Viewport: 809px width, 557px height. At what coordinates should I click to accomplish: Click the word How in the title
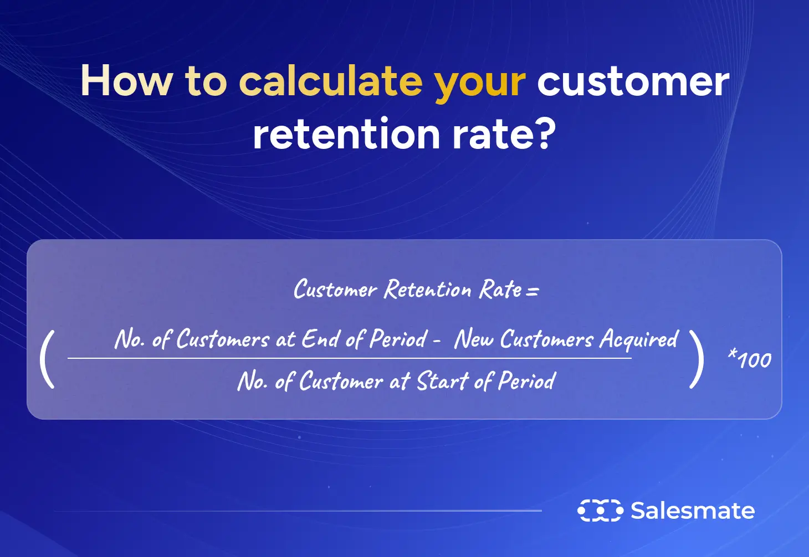tap(126, 81)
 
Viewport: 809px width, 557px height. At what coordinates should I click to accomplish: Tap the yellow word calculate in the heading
tap(330, 81)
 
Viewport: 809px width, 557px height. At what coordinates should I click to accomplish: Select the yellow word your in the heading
tap(480, 83)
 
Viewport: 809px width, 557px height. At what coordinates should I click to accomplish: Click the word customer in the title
tap(633, 81)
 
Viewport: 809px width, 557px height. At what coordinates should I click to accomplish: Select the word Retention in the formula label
tap(428, 290)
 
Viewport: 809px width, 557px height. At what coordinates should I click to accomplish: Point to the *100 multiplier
tap(750, 360)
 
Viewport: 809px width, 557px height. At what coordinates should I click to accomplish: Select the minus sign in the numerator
tap(437, 341)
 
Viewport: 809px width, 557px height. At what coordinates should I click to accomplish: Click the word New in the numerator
tap(474, 339)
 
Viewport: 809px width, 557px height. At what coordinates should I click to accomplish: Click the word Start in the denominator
tap(442, 381)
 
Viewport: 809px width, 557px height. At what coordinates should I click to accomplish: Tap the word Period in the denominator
tap(526, 381)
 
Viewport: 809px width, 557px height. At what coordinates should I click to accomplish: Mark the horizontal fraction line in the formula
tap(349, 358)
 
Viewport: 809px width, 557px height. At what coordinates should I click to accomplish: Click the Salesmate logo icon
tap(600, 510)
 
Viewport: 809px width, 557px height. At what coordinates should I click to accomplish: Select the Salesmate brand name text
tap(693, 510)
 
